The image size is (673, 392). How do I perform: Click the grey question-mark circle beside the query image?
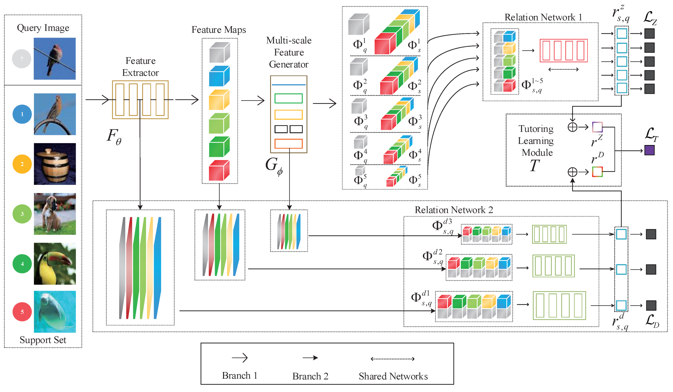click(x=21, y=59)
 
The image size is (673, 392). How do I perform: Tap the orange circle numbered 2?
click(x=22, y=164)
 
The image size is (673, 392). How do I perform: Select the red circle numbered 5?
click(x=22, y=312)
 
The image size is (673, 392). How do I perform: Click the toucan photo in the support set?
click(x=55, y=264)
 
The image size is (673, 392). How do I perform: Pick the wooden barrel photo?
click(x=55, y=164)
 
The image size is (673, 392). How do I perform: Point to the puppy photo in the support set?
click(x=55, y=214)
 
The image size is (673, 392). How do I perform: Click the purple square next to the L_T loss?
click(x=649, y=150)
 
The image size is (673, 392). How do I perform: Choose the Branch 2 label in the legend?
click(x=310, y=376)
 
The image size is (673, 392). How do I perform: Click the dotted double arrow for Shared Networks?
click(x=393, y=359)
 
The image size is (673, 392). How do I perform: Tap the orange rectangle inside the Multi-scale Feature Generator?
click(x=288, y=144)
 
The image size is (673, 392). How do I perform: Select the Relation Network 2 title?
click(x=454, y=210)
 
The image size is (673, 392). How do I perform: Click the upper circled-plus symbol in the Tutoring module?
click(x=572, y=127)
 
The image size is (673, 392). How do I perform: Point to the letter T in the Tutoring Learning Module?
click(x=535, y=166)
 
